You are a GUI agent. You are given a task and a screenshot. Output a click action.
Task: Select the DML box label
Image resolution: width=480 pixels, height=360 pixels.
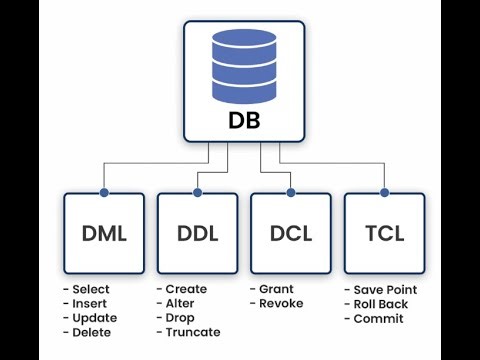pyautogui.click(x=103, y=235)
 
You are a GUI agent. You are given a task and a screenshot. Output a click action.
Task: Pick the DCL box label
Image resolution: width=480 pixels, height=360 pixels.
pyautogui.click(x=290, y=235)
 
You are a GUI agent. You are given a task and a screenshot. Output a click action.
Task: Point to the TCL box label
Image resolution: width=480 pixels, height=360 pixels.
pyautogui.click(x=384, y=235)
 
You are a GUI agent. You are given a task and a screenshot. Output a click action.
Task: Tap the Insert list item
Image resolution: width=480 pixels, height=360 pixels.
pyautogui.click(x=88, y=304)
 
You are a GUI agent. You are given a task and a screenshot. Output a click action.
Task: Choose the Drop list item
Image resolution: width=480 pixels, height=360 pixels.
pyautogui.click(x=179, y=318)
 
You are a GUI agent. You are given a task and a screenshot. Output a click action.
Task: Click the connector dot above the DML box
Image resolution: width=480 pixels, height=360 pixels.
pyautogui.click(x=103, y=191)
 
